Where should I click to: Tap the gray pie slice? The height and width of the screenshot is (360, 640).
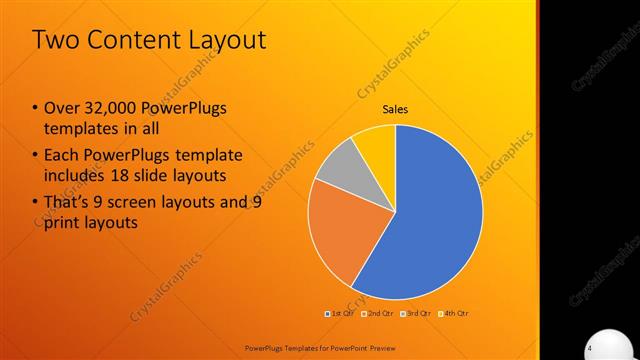pyautogui.click(x=340, y=165)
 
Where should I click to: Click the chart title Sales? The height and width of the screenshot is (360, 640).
pyautogui.click(x=395, y=109)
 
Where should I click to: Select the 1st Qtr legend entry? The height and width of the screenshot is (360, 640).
pyautogui.click(x=339, y=313)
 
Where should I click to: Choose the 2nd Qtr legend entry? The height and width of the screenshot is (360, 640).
pyautogui.click(x=374, y=313)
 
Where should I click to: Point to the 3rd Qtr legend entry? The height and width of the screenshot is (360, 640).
pyautogui.click(x=412, y=313)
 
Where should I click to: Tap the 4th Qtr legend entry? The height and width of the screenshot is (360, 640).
pyautogui.click(x=451, y=313)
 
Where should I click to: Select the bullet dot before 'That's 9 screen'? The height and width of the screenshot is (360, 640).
pyautogui.click(x=36, y=203)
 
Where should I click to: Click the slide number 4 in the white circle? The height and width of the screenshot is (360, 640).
pyautogui.click(x=590, y=346)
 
